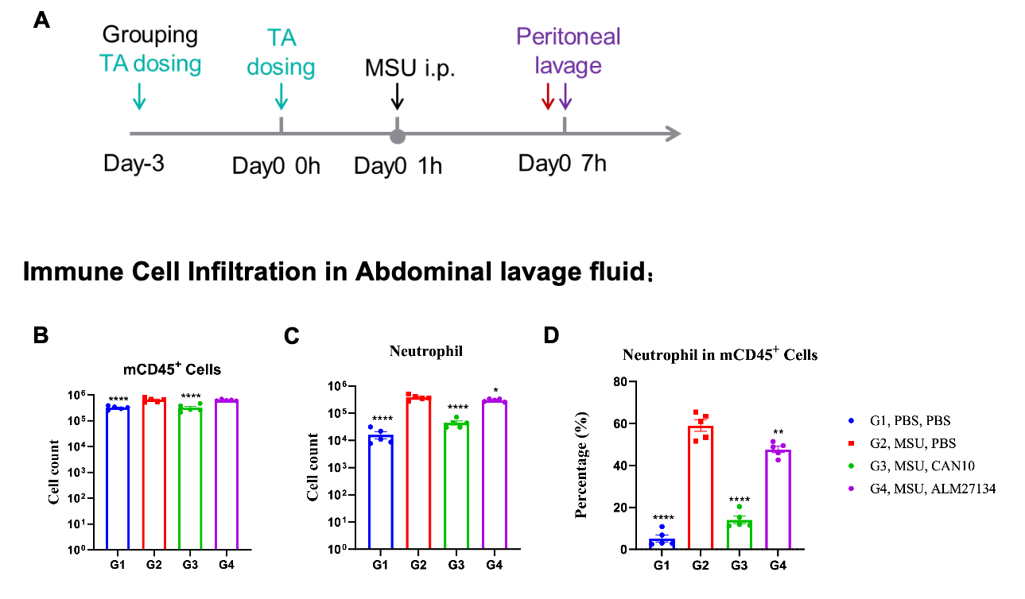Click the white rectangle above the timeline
pos(412,33)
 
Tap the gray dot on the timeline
pos(398,137)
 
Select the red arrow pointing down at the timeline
pos(547,96)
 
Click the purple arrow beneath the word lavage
pos(565,96)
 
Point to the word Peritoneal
pos(568,37)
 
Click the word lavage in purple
pos(568,65)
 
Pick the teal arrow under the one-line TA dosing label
pos(138,95)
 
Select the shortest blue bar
pos(662,543)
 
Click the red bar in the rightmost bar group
pos(701,486)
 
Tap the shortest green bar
pos(739,534)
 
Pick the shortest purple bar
pos(778,499)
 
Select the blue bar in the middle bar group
pos(381,492)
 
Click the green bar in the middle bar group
pos(456,485)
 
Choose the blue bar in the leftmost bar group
pos(118,477)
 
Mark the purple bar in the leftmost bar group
pos(227,473)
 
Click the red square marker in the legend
pos(851,443)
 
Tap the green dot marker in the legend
pos(851,466)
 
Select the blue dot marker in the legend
pos(851,420)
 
